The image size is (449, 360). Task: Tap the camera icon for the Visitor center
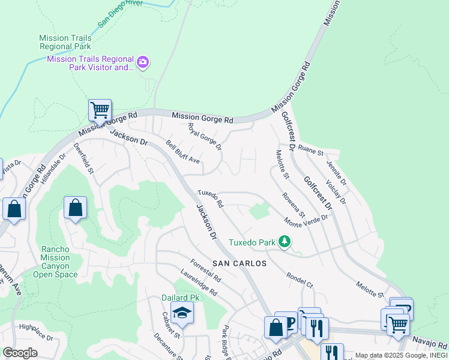point(143,62)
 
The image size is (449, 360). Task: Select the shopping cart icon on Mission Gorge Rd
point(99,110)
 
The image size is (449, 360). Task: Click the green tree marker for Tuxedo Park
point(284,242)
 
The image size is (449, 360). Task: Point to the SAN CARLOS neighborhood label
point(238,263)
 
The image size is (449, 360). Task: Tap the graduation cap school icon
point(182,313)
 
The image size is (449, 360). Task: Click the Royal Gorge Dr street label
point(205,136)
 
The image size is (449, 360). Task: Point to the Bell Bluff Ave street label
point(182,152)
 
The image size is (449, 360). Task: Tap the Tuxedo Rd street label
point(211,199)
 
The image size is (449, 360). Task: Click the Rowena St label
point(294,205)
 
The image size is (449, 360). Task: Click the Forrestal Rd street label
point(205,271)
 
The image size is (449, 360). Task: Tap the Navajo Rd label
point(430,343)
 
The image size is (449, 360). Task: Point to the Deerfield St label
point(84,158)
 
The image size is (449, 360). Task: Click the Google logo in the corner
point(20,353)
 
